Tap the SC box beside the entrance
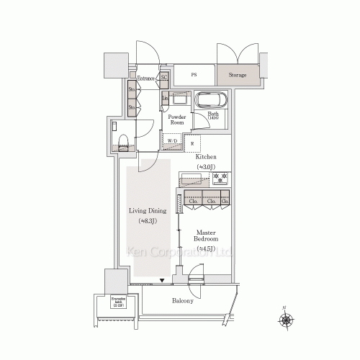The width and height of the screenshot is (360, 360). [164, 77]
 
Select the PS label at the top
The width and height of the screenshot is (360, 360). [194, 75]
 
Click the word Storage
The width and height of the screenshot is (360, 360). [238, 75]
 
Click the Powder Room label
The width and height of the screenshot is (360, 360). [176, 120]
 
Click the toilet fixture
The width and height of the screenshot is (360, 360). [122, 140]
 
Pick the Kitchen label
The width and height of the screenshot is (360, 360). [204, 157]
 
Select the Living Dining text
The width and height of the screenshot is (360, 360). [148, 211]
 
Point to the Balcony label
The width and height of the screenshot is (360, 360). [183, 301]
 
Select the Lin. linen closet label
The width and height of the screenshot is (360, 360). [166, 97]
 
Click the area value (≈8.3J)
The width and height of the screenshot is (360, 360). [148, 221]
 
